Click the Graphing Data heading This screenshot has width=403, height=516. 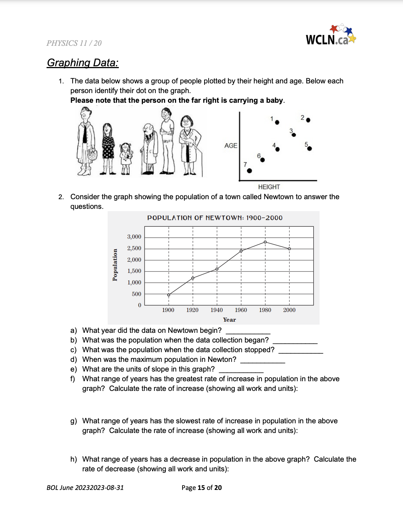point(83,63)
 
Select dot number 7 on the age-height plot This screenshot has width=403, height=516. point(250,171)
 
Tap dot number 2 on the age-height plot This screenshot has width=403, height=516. point(308,120)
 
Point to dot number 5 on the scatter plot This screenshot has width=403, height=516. point(310,149)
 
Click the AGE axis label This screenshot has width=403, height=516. point(231,146)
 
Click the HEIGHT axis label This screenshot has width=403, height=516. point(269,187)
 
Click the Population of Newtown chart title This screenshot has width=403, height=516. point(215,218)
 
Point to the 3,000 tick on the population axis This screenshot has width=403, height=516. point(134,237)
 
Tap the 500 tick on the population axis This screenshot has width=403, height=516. point(136,294)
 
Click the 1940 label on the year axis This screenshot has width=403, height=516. point(216,310)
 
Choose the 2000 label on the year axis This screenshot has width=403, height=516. point(289,310)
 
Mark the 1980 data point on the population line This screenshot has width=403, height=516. point(265,242)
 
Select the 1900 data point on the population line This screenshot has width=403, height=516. point(169,295)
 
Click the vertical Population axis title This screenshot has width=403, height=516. point(115,265)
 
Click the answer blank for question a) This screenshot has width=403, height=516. point(248,331)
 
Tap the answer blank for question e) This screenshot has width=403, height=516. point(241,370)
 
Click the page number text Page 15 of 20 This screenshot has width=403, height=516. point(201,488)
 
